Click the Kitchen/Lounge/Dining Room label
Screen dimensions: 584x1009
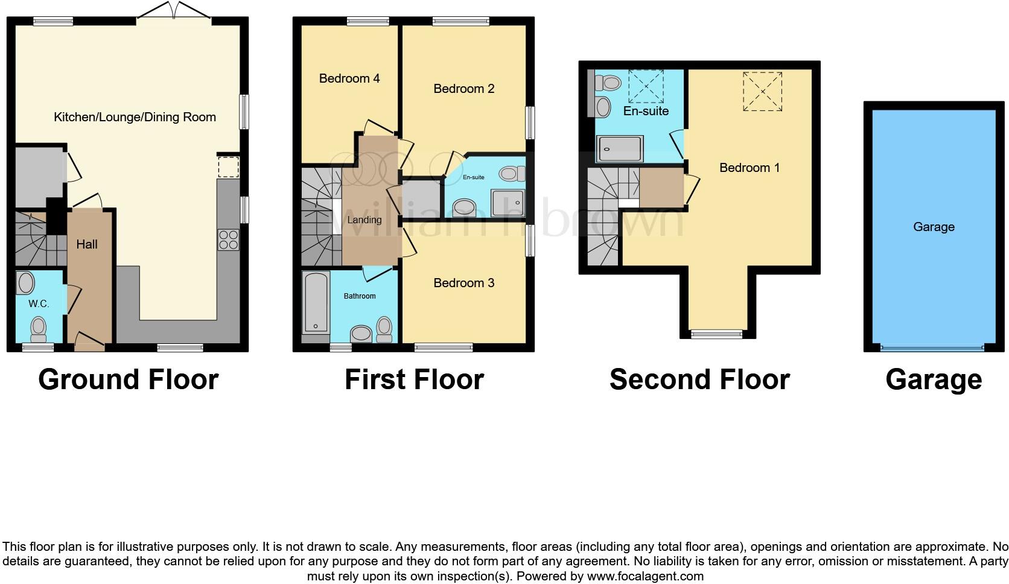(x=135, y=117)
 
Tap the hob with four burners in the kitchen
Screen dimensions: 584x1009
(x=228, y=240)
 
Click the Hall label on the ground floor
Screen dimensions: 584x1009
(x=87, y=244)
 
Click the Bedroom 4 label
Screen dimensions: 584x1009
(x=349, y=78)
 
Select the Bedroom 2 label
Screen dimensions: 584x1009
(x=463, y=89)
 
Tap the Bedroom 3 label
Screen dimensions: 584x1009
(x=463, y=283)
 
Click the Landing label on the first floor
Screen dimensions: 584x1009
(x=364, y=220)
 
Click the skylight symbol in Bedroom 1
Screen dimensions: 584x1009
(x=762, y=91)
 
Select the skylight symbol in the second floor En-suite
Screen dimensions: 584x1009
(x=646, y=86)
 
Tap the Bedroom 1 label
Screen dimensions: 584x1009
(x=750, y=168)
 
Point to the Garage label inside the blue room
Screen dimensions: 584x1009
(x=934, y=227)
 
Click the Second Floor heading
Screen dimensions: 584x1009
(x=699, y=379)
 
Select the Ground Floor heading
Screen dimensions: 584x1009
(x=128, y=379)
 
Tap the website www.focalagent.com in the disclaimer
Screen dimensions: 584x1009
(x=645, y=576)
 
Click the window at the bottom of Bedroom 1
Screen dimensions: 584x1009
(x=716, y=334)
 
